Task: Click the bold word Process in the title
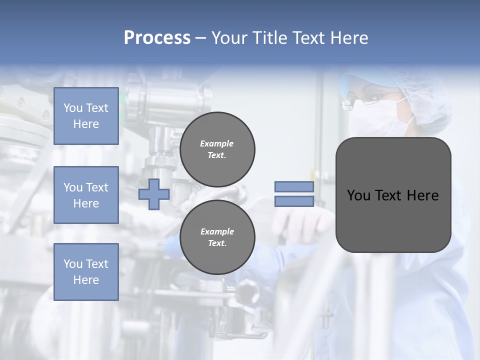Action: click(157, 38)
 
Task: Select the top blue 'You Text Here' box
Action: click(86, 116)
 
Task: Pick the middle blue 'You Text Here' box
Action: click(86, 195)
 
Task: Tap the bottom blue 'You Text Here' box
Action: click(86, 272)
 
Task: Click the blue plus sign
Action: click(154, 194)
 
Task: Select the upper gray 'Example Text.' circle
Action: click(217, 149)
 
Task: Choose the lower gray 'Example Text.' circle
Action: click(217, 237)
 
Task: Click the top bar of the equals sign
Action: click(294, 187)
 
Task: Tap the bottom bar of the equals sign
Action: click(294, 201)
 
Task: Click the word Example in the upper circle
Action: click(217, 143)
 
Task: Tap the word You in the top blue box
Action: click(72, 108)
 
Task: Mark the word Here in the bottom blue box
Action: click(86, 280)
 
